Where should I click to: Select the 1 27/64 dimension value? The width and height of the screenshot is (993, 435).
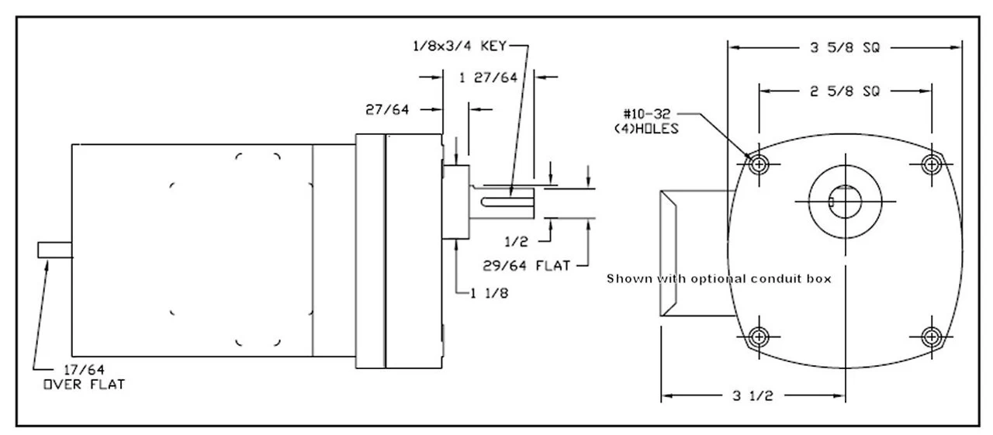pyautogui.click(x=488, y=77)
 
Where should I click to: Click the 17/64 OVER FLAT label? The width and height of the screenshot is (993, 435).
pyautogui.click(x=84, y=375)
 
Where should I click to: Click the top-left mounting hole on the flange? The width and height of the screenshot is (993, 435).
pyautogui.click(x=758, y=164)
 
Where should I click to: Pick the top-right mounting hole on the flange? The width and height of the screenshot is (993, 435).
pyautogui.click(x=930, y=164)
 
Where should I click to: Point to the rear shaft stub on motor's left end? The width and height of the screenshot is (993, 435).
pyautogui.click(x=54, y=250)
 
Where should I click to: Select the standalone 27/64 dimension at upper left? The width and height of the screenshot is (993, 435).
pyautogui.click(x=387, y=110)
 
